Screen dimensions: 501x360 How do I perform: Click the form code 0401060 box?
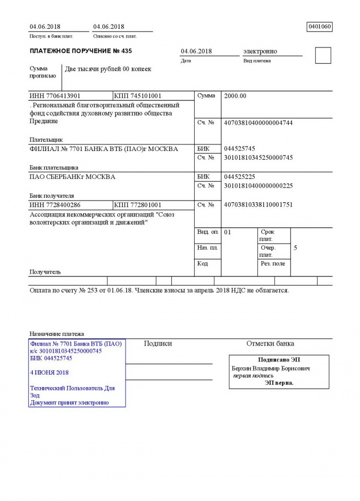click(320, 26)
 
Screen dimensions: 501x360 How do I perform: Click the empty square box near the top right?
click(323, 56)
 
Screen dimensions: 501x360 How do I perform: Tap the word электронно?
click(260, 51)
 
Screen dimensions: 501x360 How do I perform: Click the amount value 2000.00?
click(235, 96)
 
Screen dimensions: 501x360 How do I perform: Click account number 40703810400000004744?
click(258, 123)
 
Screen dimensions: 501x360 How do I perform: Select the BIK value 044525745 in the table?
click(239, 148)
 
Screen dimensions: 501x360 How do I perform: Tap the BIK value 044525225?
click(239, 177)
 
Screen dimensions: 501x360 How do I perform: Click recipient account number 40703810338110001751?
click(258, 205)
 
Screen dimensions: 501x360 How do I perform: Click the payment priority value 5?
click(295, 248)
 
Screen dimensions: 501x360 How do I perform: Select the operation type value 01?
click(228, 232)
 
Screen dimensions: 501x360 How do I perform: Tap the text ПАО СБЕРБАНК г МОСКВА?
click(72, 177)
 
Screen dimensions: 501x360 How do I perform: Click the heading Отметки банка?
click(270, 343)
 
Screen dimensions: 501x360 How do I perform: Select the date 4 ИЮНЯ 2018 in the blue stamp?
click(50, 372)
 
